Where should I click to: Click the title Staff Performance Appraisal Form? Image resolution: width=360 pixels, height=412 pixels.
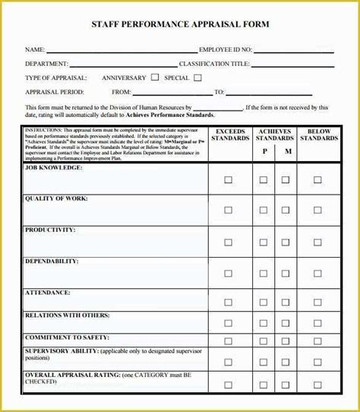(180, 24)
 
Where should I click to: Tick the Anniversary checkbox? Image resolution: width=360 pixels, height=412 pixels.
(155, 77)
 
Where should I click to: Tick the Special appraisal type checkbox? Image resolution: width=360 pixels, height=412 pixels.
(197, 77)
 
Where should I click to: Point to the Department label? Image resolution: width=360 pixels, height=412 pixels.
(46, 64)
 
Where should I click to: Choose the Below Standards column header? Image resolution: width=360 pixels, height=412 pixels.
(319, 135)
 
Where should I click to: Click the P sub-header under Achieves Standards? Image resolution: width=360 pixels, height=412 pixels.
(265, 152)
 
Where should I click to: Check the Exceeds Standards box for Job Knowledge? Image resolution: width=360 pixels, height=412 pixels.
(228, 180)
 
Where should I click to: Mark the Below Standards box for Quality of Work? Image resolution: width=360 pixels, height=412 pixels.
(318, 211)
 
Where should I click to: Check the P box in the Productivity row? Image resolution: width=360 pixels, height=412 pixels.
(264, 242)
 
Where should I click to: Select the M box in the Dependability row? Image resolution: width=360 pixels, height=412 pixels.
(286, 274)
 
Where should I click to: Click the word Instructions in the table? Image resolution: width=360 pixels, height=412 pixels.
(45, 130)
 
